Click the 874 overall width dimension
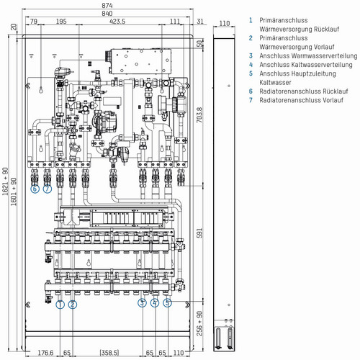tap(107, 5)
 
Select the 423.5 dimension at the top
tap(117, 22)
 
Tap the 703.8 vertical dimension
tap(199, 114)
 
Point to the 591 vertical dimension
tap(199, 233)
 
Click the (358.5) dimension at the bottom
tap(109, 353)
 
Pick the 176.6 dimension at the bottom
tap(45, 353)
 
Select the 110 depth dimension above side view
tap(225, 23)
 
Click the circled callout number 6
tap(35, 189)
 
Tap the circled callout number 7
tap(48, 189)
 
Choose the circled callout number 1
tap(60, 305)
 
